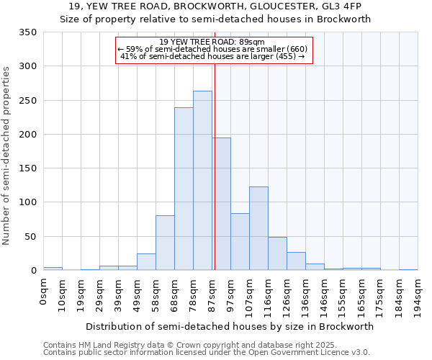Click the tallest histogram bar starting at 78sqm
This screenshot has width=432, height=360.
[x=202, y=180]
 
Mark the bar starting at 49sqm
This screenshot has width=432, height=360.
[x=146, y=261]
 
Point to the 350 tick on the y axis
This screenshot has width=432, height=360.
[x=28, y=32]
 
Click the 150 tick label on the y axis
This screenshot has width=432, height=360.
[x=28, y=168]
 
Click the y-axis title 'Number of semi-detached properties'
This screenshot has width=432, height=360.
[x=7, y=156]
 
